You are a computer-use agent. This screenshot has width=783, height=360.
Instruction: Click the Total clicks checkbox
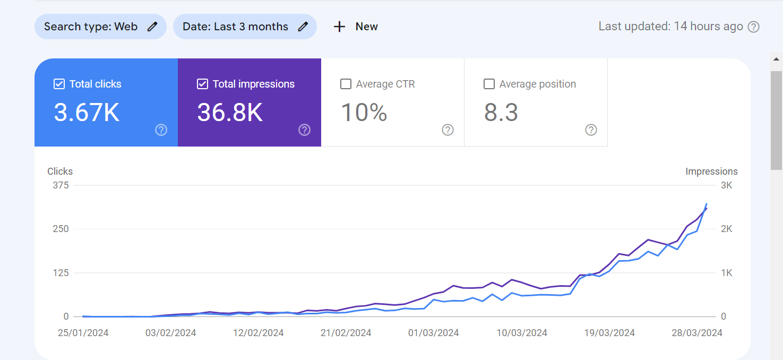(x=59, y=84)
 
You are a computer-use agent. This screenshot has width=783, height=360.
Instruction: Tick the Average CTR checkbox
(x=346, y=84)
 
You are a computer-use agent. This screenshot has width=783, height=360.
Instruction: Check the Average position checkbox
(x=489, y=84)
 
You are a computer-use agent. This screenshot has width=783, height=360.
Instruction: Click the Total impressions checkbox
(x=202, y=84)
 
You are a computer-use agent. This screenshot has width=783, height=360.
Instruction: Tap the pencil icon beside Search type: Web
(x=152, y=27)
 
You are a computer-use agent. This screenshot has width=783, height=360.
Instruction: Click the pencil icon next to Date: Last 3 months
(x=303, y=27)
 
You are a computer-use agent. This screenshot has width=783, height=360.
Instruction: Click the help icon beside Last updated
(x=754, y=27)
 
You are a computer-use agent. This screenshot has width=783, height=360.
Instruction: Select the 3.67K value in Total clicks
(x=87, y=113)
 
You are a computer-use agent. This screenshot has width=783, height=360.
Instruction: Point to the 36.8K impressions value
(x=230, y=113)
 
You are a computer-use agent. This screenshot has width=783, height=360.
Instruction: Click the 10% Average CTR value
(x=364, y=113)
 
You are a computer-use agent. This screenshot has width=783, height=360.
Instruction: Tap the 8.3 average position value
(x=501, y=113)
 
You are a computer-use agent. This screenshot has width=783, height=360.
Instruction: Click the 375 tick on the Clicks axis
(x=61, y=185)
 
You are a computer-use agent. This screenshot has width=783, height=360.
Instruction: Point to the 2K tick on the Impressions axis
(x=726, y=229)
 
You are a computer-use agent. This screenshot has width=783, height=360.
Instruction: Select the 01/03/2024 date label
(x=434, y=333)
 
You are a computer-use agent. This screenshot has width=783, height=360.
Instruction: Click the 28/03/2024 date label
(x=697, y=333)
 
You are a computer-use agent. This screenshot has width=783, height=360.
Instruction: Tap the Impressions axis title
(x=711, y=172)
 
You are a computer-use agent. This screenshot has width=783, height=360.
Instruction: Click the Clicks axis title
(x=60, y=172)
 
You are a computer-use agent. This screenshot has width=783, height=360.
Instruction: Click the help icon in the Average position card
(x=591, y=130)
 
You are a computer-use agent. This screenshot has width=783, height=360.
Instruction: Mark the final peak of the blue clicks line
(x=707, y=204)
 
